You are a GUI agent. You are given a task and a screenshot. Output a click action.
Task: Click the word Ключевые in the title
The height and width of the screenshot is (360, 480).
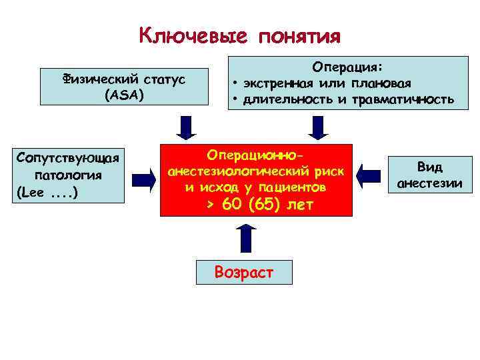pos(193,36)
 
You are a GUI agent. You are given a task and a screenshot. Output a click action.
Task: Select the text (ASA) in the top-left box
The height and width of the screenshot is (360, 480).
pos(124,95)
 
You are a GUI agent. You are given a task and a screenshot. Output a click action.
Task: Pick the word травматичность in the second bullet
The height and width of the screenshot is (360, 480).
pos(409,100)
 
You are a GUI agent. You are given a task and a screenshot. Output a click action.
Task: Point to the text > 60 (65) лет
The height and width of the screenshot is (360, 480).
pos(256,204)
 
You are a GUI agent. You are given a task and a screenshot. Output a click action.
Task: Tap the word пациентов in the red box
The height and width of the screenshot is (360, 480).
pos(294,187)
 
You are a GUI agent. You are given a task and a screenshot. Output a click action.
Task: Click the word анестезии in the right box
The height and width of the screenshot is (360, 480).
pos(429,183)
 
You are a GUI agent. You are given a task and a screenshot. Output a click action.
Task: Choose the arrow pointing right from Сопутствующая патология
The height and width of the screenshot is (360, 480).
pos(143,177)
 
